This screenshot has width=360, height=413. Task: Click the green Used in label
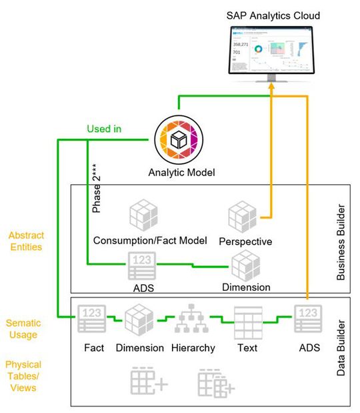pos(104,129)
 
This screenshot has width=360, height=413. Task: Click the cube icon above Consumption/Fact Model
pos(143,216)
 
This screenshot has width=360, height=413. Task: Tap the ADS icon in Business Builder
pos(143,268)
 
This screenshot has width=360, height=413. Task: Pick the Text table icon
pos(247,320)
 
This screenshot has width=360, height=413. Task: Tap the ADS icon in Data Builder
pos(308,319)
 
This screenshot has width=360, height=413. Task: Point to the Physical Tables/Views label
pos(23,376)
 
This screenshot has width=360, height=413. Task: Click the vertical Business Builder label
pos(345,238)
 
